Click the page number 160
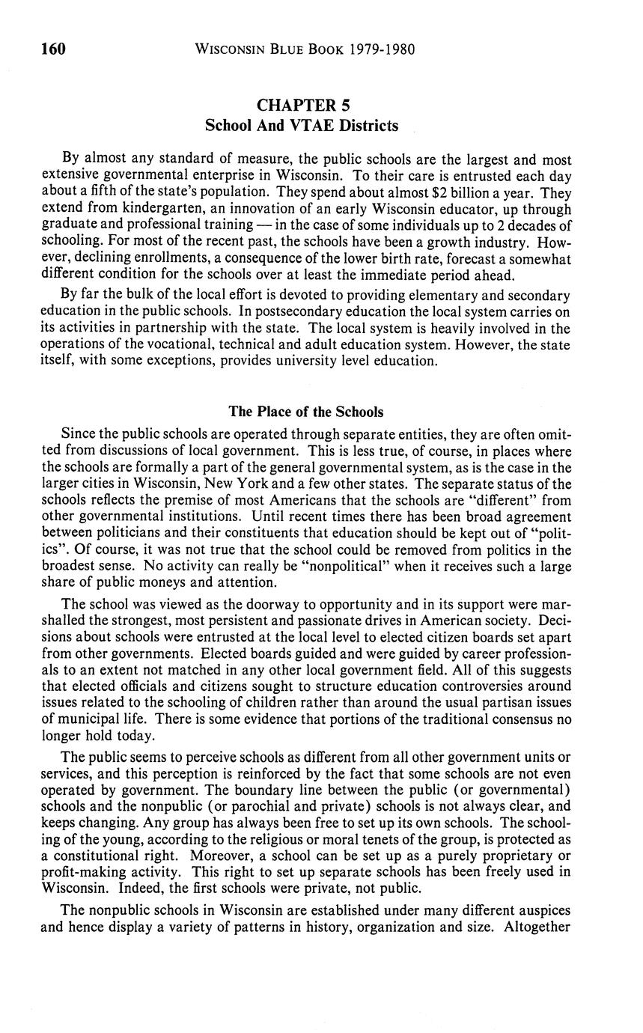[x=54, y=50]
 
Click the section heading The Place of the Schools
[x=306, y=412]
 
